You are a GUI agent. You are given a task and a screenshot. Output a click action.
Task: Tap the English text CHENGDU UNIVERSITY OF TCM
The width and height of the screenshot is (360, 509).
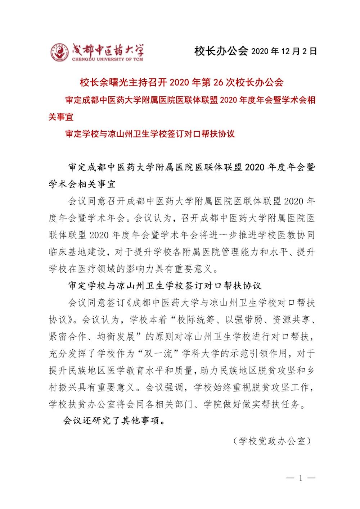[107, 59]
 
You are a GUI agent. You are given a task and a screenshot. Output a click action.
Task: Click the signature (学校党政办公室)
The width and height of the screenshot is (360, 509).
[271, 441]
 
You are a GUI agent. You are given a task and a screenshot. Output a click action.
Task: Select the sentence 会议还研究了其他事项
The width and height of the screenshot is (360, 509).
[114, 421]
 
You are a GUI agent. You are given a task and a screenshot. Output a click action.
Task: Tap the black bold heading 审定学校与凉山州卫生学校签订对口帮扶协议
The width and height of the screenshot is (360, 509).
[165, 286]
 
